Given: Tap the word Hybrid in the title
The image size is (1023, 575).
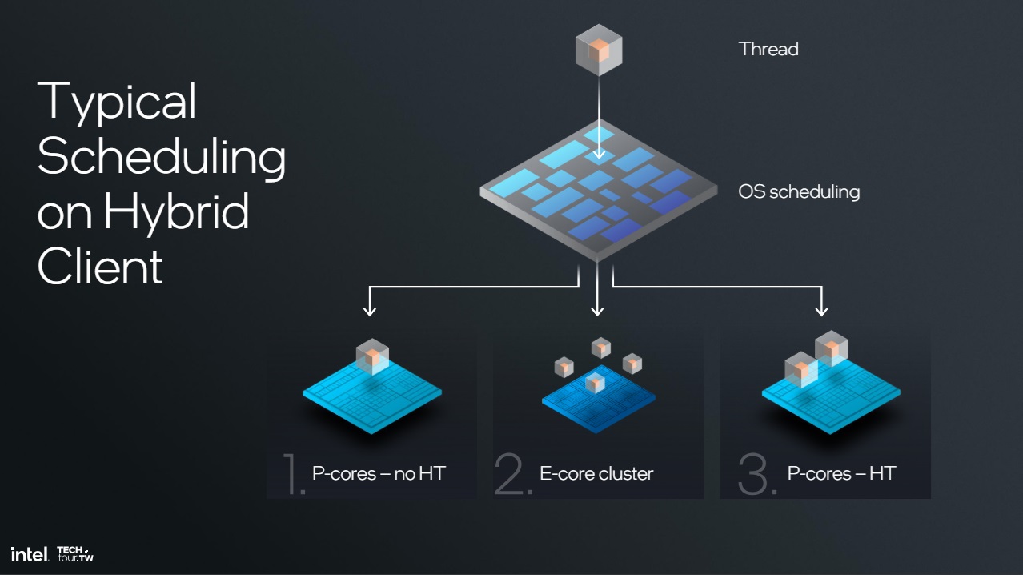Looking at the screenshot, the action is point(177,211).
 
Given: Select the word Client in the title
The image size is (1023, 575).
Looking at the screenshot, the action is point(100,266).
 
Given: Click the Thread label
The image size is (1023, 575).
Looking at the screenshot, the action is point(768,49).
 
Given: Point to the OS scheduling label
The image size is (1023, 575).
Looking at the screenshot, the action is point(799,192).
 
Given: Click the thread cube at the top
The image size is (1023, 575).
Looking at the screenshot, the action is point(599,50).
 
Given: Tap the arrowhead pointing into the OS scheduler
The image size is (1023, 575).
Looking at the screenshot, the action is point(599,154).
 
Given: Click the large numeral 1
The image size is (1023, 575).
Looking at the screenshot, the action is point(292,474).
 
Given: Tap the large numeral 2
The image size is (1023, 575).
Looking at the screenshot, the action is point(513,474).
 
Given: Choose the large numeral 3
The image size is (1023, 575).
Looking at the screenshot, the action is point(756,474).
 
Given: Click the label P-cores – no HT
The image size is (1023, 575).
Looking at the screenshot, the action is point(379,473).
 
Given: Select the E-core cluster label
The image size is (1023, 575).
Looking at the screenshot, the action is point(596,473).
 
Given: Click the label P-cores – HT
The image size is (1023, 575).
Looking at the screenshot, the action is point(841,473).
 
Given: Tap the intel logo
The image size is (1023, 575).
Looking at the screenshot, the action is point(30,554).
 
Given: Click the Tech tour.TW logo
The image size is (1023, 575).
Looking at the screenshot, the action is point(75,553).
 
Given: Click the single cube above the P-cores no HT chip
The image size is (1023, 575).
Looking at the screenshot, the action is point(373,356).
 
